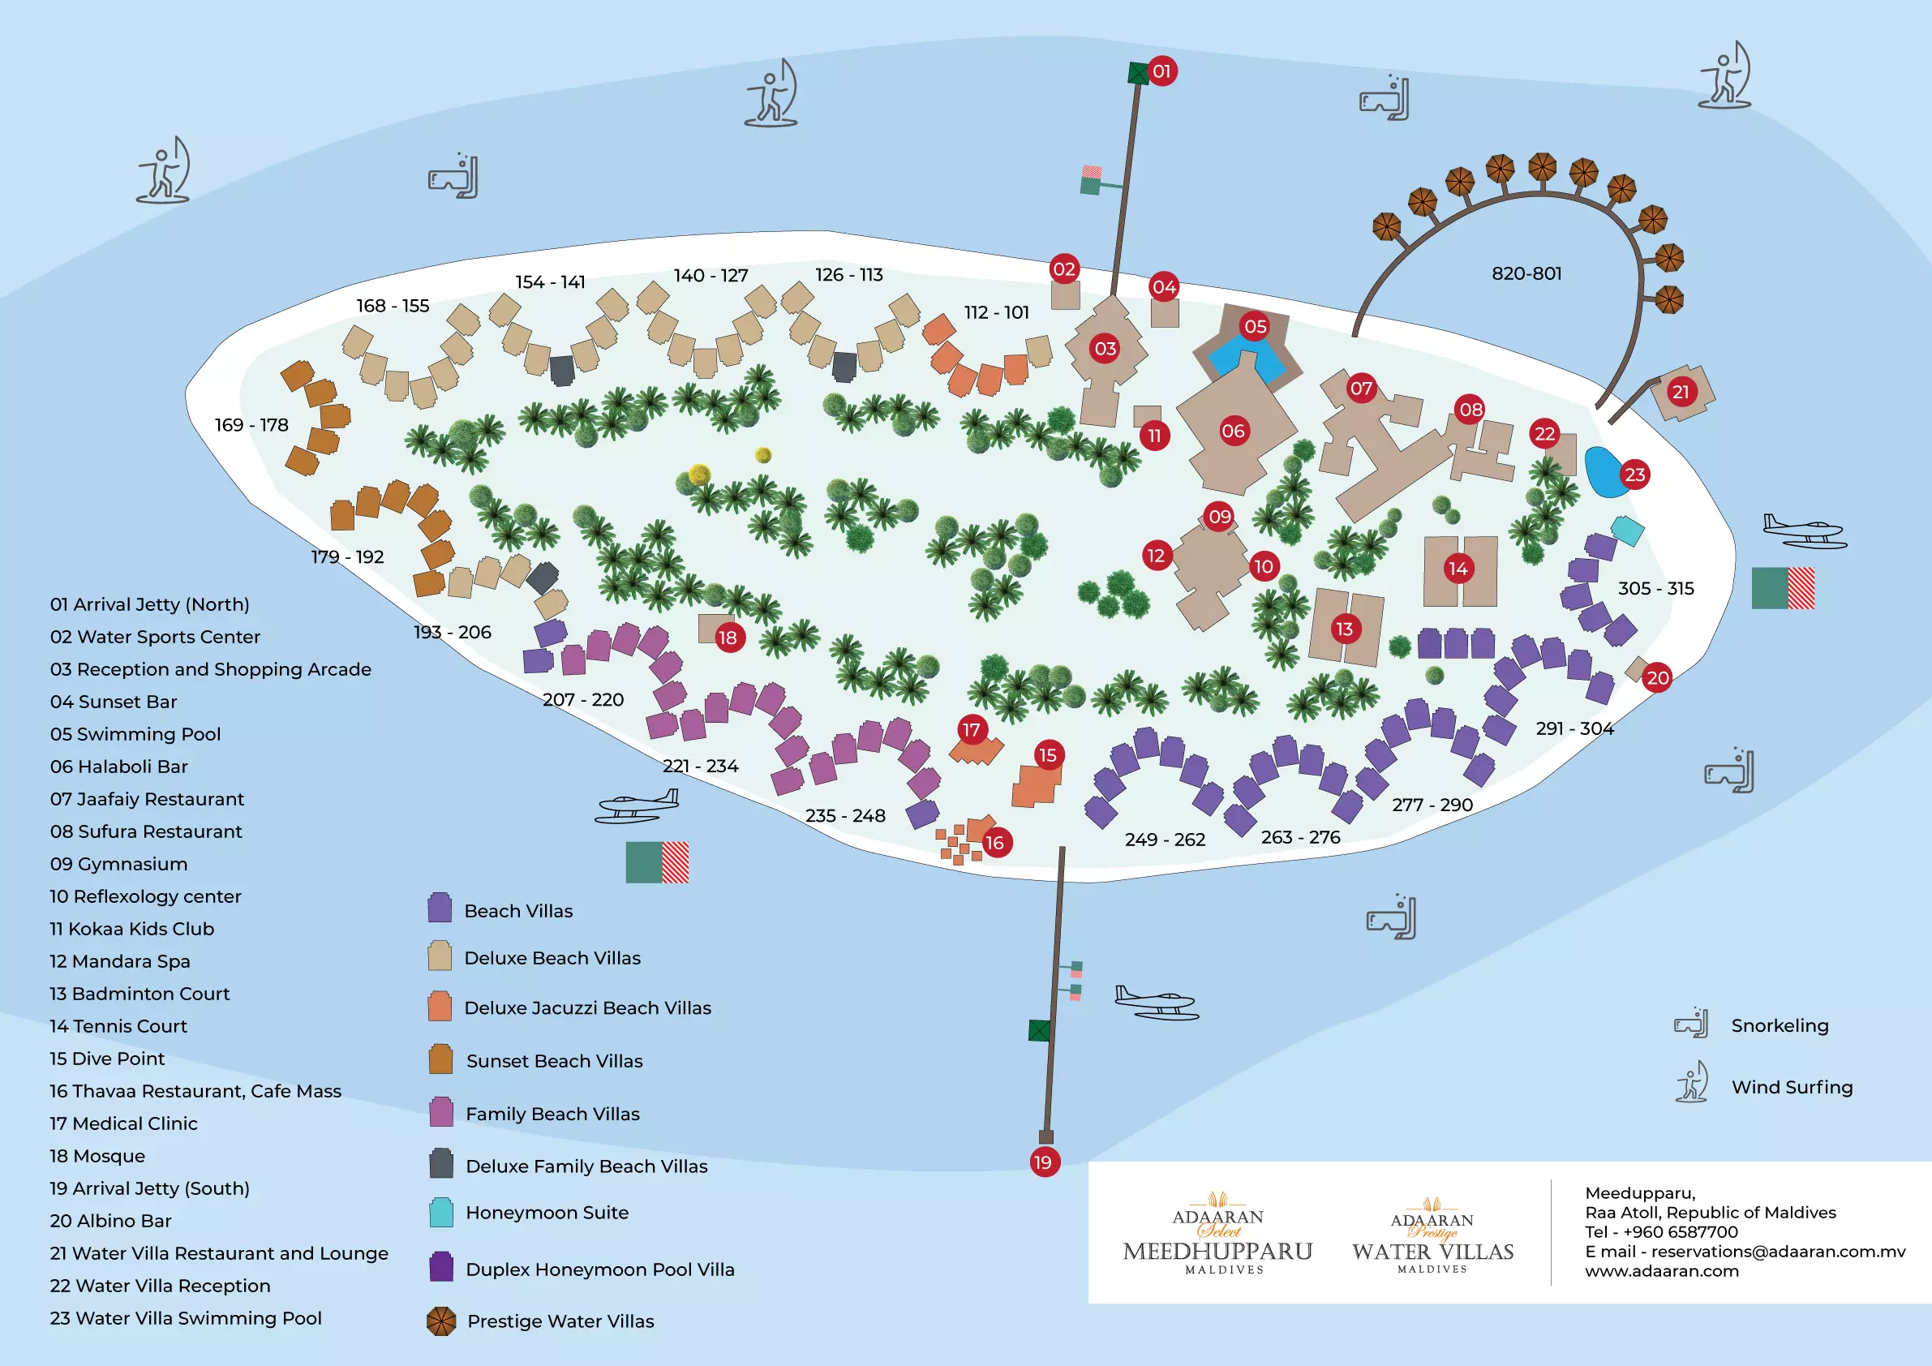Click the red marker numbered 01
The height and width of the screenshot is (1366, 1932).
(1161, 71)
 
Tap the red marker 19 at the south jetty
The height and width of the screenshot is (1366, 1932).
(1043, 1162)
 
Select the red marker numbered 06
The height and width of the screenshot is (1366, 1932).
(1234, 432)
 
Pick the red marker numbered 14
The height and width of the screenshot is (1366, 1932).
(1458, 569)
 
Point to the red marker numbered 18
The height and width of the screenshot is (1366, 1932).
(728, 638)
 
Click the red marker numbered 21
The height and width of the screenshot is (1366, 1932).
(1681, 393)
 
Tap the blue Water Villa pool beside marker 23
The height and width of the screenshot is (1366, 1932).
(1602, 472)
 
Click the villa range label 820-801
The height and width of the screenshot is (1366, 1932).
(1526, 273)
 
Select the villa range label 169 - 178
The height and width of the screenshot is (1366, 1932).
(251, 425)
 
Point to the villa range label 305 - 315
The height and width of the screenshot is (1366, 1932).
(1656, 588)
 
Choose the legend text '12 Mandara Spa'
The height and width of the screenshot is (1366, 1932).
(120, 961)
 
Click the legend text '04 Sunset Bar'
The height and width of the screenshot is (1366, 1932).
(114, 702)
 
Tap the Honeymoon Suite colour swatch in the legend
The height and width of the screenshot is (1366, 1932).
(441, 1213)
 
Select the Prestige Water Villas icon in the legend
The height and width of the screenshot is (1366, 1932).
(441, 1321)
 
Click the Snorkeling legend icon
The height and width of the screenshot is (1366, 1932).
(1691, 1024)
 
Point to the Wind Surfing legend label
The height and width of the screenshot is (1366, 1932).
(1792, 1088)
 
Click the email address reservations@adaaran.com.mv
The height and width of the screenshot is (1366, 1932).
(1745, 1252)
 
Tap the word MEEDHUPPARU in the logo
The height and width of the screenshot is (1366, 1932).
(1217, 1252)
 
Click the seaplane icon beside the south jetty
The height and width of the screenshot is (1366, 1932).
(1156, 1002)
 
